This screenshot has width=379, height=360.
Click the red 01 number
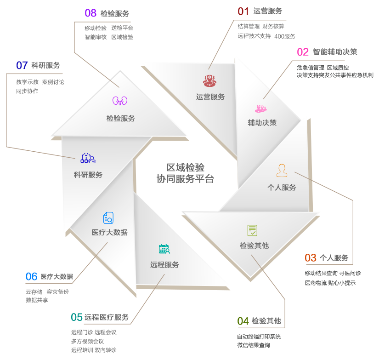pos(243,11)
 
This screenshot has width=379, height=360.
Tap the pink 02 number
pos(303,52)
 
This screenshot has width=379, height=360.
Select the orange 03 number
pos(311,258)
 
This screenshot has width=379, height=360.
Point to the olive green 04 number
pos(243,321)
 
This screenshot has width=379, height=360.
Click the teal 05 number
pos(77,317)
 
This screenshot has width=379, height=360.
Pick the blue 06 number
pos(31,276)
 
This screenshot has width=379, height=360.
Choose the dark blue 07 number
pos(22,65)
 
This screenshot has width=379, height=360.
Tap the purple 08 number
pos(91,13)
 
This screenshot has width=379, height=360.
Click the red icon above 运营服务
pos(209,80)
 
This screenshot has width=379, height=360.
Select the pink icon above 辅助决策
pos(261,109)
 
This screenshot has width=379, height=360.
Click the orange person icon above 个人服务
pos(282,171)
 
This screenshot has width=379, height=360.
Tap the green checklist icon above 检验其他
pos(252,230)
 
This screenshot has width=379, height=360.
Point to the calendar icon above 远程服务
pos(164,250)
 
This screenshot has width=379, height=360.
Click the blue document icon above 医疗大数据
pos(108,217)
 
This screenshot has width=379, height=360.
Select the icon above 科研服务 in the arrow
pos(88,159)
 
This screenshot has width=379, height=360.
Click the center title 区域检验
pos(185,167)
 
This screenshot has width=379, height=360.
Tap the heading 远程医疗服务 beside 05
pos(107,318)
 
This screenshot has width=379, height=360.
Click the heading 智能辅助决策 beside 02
pos(335,52)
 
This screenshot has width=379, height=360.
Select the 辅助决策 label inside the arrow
pos(262,123)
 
